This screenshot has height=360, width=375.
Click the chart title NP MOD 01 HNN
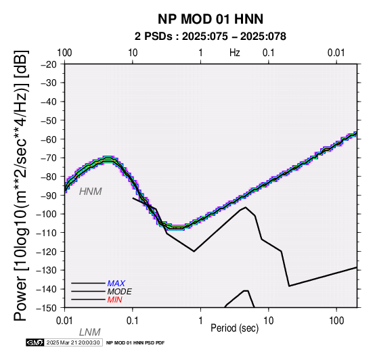coord(211,19)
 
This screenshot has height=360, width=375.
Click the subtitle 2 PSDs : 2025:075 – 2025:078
coord(211,37)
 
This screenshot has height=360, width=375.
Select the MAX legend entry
coord(116,284)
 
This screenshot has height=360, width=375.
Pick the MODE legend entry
coord(120,292)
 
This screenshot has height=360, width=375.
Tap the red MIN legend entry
coord(115,300)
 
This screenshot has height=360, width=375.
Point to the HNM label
coord(91,192)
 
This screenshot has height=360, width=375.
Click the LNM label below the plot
coord(89,332)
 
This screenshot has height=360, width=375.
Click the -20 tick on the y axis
coord(49,64)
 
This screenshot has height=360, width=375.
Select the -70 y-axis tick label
coord(49,158)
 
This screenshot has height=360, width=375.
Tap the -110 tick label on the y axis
coord(47,233)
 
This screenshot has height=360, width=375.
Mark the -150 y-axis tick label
coord(47,308)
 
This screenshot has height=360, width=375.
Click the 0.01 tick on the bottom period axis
coord(64,321)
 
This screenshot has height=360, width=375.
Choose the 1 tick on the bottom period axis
coord(200,321)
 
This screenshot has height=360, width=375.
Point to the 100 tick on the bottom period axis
coord(336,321)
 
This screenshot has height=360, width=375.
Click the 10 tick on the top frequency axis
coord(133,53)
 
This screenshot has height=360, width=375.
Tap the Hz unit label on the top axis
coord(235,53)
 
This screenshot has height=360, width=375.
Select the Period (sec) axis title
coord(235,328)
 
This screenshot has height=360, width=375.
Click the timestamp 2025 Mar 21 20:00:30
coord(73,342)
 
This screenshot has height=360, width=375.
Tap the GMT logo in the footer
coord(35,342)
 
